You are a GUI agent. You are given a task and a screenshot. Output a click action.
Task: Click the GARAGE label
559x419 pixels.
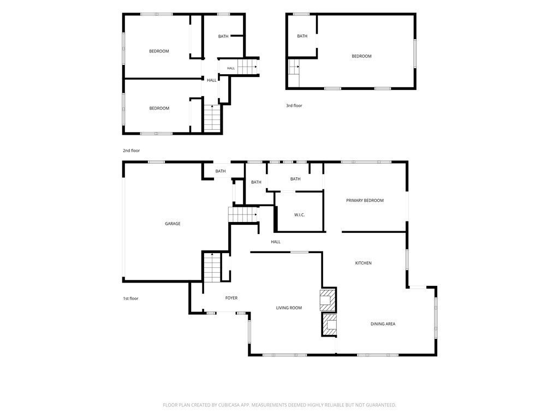click(x=173, y=224)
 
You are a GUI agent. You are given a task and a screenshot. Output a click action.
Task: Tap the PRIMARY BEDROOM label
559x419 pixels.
click(x=365, y=201)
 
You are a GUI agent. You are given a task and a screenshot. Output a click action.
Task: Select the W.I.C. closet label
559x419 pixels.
click(x=300, y=215)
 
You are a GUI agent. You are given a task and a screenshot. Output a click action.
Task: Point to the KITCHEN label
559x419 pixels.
click(x=363, y=263)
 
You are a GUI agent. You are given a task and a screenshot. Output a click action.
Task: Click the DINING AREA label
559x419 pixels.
click(x=383, y=324)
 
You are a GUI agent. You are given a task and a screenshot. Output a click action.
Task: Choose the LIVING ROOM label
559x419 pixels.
click(x=289, y=308)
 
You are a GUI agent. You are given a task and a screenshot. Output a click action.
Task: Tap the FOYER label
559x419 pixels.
click(x=231, y=298)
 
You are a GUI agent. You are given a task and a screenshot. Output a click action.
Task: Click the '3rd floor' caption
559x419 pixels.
click(x=294, y=105)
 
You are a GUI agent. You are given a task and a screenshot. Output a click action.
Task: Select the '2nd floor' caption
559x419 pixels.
click(x=131, y=151)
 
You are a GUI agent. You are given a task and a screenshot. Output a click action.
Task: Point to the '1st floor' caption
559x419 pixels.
click(x=130, y=298)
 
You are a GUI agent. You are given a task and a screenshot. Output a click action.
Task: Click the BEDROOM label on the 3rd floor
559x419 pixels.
click(x=361, y=56)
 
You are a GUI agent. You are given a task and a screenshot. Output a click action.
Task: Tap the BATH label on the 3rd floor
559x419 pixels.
click(x=302, y=36)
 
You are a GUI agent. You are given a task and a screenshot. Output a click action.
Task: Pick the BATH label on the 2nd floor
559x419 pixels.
click(x=223, y=37)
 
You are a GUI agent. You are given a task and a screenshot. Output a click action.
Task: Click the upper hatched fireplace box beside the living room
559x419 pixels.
click(x=328, y=300)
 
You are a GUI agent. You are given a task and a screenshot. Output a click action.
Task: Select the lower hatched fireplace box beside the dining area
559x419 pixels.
click(x=329, y=325)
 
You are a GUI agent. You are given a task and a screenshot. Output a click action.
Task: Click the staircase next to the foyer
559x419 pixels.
click(x=212, y=267)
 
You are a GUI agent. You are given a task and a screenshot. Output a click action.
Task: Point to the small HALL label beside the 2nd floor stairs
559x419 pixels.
click(x=231, y=68)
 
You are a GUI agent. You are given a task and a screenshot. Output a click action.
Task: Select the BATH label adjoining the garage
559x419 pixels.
click(x=221, y=171)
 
